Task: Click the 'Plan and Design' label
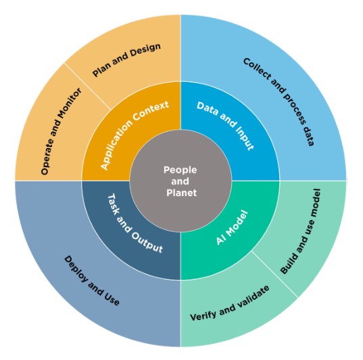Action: click(126, 60)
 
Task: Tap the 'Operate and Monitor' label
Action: click(61, 131)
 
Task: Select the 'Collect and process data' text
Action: click(279, 102)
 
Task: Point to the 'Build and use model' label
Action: click(301, 231)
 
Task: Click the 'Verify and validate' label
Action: click(230, 303)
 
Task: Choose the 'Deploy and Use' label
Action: click(92, 281)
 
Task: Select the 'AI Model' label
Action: click(232, 227)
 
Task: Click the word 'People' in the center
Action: click(180, 170)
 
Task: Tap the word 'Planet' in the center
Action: click(181, 193)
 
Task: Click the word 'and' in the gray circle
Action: click(180, 181)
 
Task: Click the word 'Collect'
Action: click(257, 69)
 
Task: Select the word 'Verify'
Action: click(203, 316)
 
